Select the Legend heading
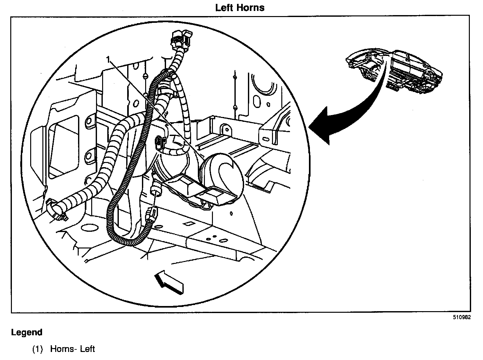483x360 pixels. point(27,332)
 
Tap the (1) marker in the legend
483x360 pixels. point(38,349)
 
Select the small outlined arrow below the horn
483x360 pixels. point(169,282)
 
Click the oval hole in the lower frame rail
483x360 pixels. point(223,240)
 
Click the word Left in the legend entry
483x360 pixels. point(87,349)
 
